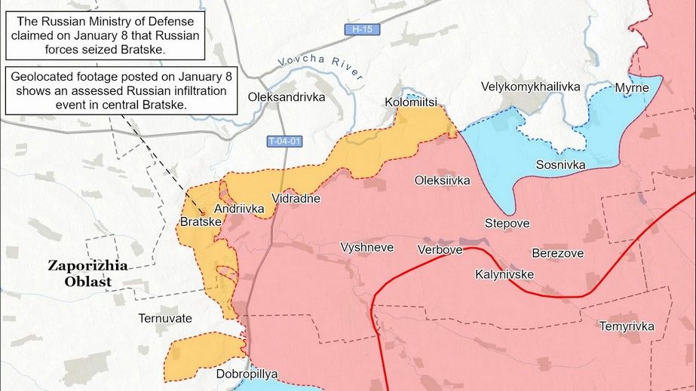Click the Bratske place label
pyautogui.click(x=201, y=222)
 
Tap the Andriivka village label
pyautogui.click(x=239, y=209)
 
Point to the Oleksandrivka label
pyautogui.click(x=287, y=97)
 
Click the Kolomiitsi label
pyautogui.click(x=411, y=102)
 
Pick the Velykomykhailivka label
pyautogui.click(x=531, y=87)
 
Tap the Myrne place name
pyautogui.click(x=631, y=87)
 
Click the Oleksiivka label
pyautogui.click(x=443, y=180)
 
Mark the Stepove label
pyautogui.click(x=507, y=224)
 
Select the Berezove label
pyautogui.click(x=557, y=253)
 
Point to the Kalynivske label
pyautogui.click(x=504, y=274)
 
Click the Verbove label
pyautogui.click(x=440, y=249)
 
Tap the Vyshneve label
pyautogui.click(x=367, y=247)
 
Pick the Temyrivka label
pyautogui.click(x=627, y=326)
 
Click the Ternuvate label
pyautogui.click(x=165, y=319)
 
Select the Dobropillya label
pyautogui.click(x=247, y=374)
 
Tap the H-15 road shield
pyautogui.click(x=362, y=29)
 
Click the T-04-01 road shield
pyautogui.click(x=284, y=141)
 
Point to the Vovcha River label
pyautogui.click(x=320, y=67)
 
